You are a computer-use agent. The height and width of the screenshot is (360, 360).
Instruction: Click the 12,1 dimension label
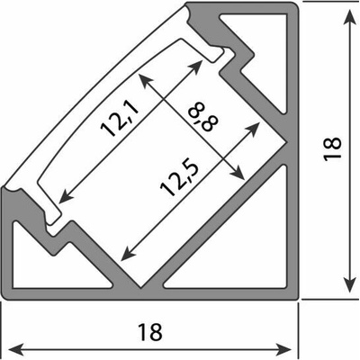(x=120, y=118)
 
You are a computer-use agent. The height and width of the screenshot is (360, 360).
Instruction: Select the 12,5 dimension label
(x=179, y=179)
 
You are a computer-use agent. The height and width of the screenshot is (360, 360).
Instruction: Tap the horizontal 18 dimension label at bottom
(x=150, y=332)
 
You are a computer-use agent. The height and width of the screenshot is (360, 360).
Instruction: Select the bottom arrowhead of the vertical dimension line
(x=348, y=283)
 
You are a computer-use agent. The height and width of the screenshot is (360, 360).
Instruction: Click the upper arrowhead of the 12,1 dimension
(x=195, y=67)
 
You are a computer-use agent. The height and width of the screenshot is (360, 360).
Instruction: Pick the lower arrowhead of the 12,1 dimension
(x=67, y=195)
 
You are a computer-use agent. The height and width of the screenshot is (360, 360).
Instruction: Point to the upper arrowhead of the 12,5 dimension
(x=252, y=129)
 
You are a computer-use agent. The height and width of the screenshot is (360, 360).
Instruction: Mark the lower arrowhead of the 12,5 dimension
(x=128, y=253)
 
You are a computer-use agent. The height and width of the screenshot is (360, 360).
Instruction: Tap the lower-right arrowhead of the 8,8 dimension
(x=237, y=173)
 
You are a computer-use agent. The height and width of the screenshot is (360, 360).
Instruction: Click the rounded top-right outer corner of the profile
(x=296, y=5)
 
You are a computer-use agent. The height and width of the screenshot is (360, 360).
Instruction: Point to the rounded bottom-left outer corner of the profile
(x=5, y=296)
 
